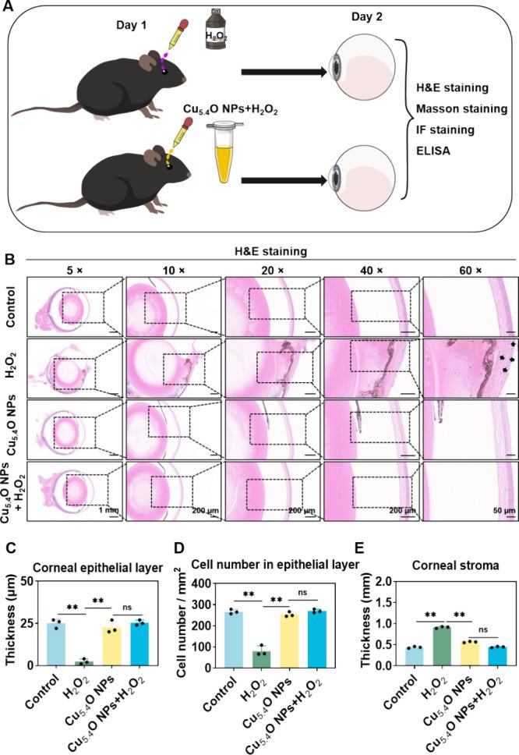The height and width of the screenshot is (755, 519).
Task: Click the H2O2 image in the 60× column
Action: [470, 369]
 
